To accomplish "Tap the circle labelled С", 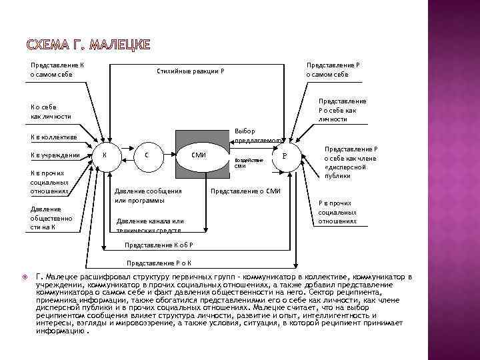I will (146, 155).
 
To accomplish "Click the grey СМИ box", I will (198, 155).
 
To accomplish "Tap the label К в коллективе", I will (53, 137).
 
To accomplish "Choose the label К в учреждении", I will (55, 156).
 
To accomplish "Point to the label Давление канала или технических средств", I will (149, 225).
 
